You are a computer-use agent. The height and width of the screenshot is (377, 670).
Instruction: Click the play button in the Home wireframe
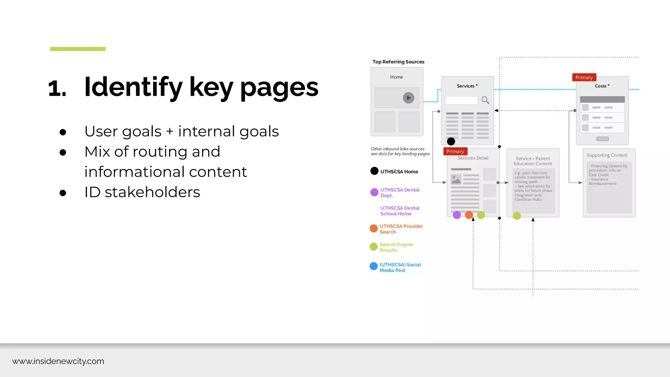click(408, 98)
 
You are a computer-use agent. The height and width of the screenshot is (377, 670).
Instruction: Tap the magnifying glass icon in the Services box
click(485, 100)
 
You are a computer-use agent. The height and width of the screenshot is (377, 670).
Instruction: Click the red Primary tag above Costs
click(584, 77)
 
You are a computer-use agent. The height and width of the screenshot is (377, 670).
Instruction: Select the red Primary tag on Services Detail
click(455, 151)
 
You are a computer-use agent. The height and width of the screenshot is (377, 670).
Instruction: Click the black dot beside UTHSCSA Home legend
click(374, 171)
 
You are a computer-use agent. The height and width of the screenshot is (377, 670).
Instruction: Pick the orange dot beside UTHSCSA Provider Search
click(374, 228)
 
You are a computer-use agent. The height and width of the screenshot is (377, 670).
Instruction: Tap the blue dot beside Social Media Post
click(374, 266)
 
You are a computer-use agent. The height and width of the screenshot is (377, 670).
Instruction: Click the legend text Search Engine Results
click(396, 247)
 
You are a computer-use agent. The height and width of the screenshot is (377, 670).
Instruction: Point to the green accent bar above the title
click(78, 49)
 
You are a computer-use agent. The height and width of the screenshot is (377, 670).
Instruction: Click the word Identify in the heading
click(133, 87)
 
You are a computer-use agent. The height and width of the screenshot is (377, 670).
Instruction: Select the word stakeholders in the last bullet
click(152, 192)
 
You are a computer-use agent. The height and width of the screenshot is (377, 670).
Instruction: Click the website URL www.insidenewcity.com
click(58, 361)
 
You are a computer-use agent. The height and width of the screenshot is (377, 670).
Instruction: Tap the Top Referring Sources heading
click(398, 62)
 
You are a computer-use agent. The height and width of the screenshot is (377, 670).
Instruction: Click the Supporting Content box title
click(607, 155)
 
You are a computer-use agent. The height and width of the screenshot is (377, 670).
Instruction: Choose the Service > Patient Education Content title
click(533, 161)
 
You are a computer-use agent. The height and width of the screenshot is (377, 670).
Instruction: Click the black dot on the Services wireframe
click(451, 141)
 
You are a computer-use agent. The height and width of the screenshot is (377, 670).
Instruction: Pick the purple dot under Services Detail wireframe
click(457, 215)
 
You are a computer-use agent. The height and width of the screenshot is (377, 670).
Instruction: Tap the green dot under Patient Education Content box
click(517, 216)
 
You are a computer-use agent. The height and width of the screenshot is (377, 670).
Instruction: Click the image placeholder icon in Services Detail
click(456, 179)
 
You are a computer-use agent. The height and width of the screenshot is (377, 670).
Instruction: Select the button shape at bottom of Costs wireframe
click(602, 139)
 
